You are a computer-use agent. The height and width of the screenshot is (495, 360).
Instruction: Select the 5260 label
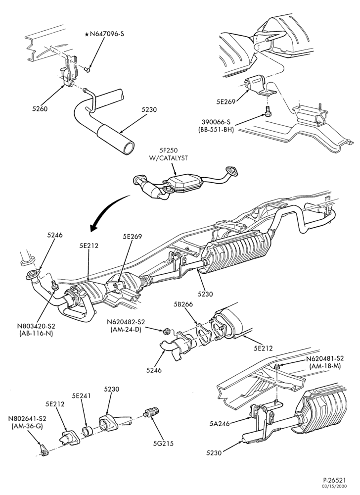[40, 109]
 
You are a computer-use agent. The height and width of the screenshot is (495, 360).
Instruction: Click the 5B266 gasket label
[182, 304]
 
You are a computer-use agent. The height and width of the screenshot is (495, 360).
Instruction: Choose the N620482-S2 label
[126, 322]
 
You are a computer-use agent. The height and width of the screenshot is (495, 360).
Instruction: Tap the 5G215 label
[163, 443]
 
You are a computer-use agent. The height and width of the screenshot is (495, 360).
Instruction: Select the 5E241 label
[81, 396]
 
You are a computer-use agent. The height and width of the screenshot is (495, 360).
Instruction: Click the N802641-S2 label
[27, 419]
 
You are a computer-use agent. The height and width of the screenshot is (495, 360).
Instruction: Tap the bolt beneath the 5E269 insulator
[268, 111]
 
